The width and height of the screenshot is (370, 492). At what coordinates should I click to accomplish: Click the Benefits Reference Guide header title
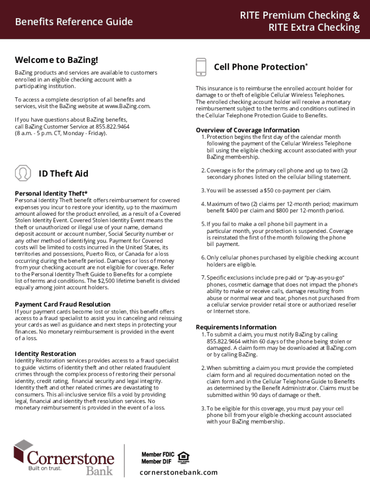point(74,22)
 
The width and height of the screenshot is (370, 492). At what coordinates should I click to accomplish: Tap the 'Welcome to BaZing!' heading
point(56,60)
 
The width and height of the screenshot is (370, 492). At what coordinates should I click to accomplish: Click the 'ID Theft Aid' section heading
point(63,173)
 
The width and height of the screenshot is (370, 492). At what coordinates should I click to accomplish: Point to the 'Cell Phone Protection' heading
point(260,67)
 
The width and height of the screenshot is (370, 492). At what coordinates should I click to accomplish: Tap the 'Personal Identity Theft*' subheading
point(51,193)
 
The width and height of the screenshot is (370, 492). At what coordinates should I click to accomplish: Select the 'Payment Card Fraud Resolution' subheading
point(62,304)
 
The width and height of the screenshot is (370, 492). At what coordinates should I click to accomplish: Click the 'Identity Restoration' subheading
point(45,354)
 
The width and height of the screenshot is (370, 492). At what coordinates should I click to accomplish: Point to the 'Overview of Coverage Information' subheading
point(247,130)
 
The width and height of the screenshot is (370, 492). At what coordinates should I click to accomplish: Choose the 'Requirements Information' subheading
point(236,327)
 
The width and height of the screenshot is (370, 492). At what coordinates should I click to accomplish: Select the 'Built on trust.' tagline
point(45,469)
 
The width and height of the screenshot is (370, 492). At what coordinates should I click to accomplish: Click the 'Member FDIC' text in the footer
point(158,455)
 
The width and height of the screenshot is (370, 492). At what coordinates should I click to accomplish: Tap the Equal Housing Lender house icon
point(183,457)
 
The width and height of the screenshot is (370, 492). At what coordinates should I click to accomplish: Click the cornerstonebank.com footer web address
point(178,472)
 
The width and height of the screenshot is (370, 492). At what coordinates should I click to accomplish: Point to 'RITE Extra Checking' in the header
point(314,27)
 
